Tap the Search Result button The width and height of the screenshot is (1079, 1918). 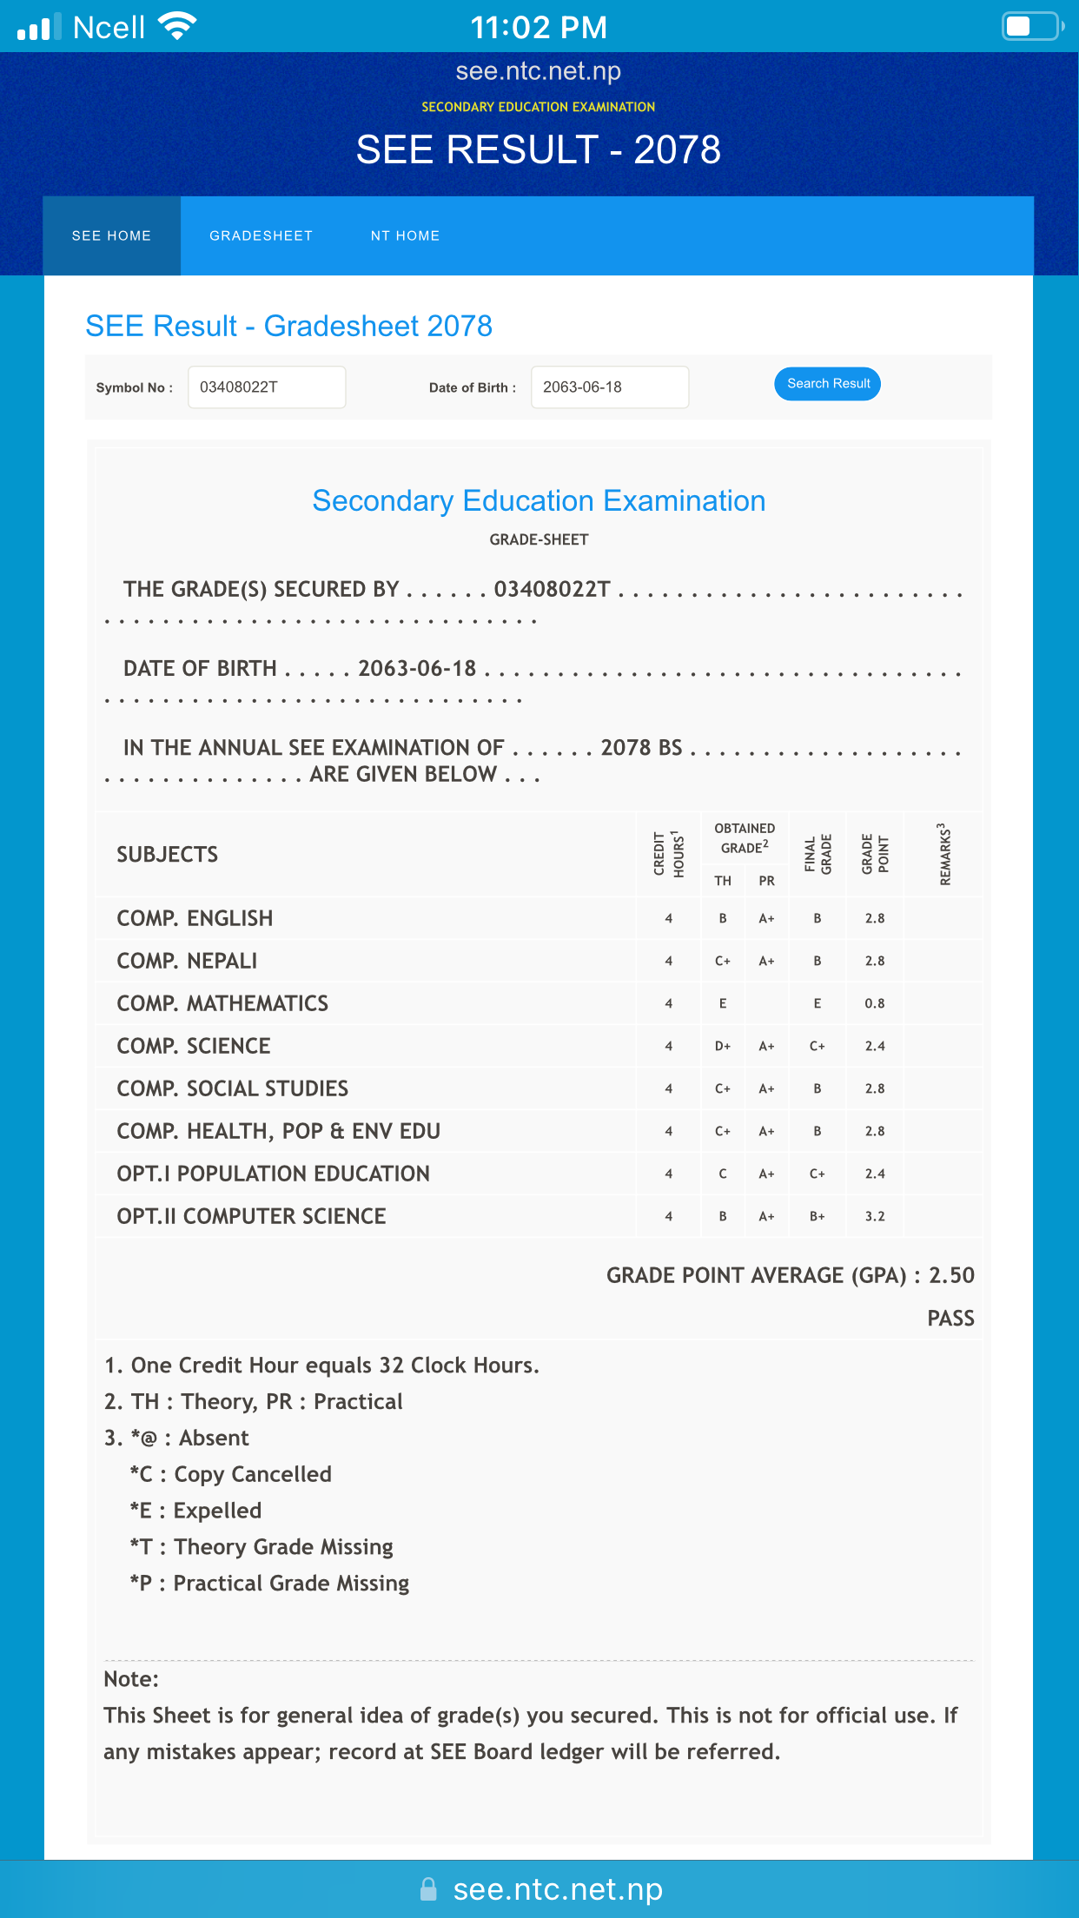click(827, 384)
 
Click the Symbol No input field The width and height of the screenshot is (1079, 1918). click(267, 387)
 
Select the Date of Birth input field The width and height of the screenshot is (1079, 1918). click(610, 387)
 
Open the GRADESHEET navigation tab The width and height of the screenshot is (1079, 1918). click(261, 236)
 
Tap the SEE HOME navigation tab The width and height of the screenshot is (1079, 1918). click(112, 236)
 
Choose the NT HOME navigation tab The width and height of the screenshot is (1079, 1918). click(405, 236)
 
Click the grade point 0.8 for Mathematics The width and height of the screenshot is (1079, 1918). click(875, 1003)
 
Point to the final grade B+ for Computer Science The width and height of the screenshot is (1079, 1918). click(818, 1216)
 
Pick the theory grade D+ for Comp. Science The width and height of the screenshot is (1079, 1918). click(723, 1046)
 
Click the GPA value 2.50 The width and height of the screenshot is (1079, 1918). click(951, 1275)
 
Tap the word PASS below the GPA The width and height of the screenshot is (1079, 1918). click(950, 1319)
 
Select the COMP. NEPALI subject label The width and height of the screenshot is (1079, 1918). click(187, 961)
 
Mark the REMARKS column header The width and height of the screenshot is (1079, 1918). click(944, 855)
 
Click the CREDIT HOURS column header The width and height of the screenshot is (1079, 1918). click(669, 855)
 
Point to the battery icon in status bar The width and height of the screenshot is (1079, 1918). click(1032, 26)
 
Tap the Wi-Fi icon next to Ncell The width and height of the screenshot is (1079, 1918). click(177, 26)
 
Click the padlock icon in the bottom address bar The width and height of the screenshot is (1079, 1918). click(428, 1889)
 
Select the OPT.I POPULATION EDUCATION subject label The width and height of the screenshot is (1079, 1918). click(273, 1174)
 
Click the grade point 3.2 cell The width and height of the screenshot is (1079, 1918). click(875, 1216)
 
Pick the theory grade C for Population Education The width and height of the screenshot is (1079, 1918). click(723, 1174)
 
